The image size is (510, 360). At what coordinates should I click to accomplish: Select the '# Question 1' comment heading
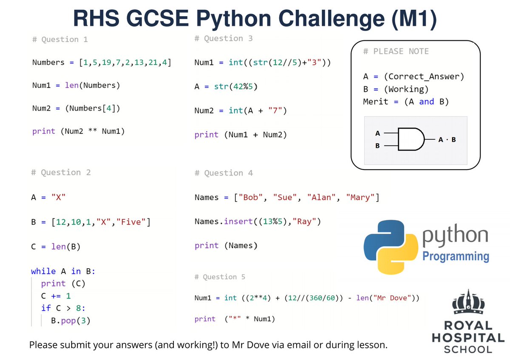point(60,40)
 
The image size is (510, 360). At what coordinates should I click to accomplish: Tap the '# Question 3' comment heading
point(224,39)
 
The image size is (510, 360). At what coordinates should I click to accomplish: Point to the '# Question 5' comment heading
point(220,277)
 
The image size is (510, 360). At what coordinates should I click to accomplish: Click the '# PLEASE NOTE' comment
point(396,51)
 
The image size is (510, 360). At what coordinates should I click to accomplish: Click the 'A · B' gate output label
point(447,139)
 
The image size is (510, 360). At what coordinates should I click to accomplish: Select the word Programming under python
point(456,256)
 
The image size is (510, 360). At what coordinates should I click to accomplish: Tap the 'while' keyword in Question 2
point(43,271)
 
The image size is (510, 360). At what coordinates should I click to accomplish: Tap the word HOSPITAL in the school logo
point(467,338)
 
